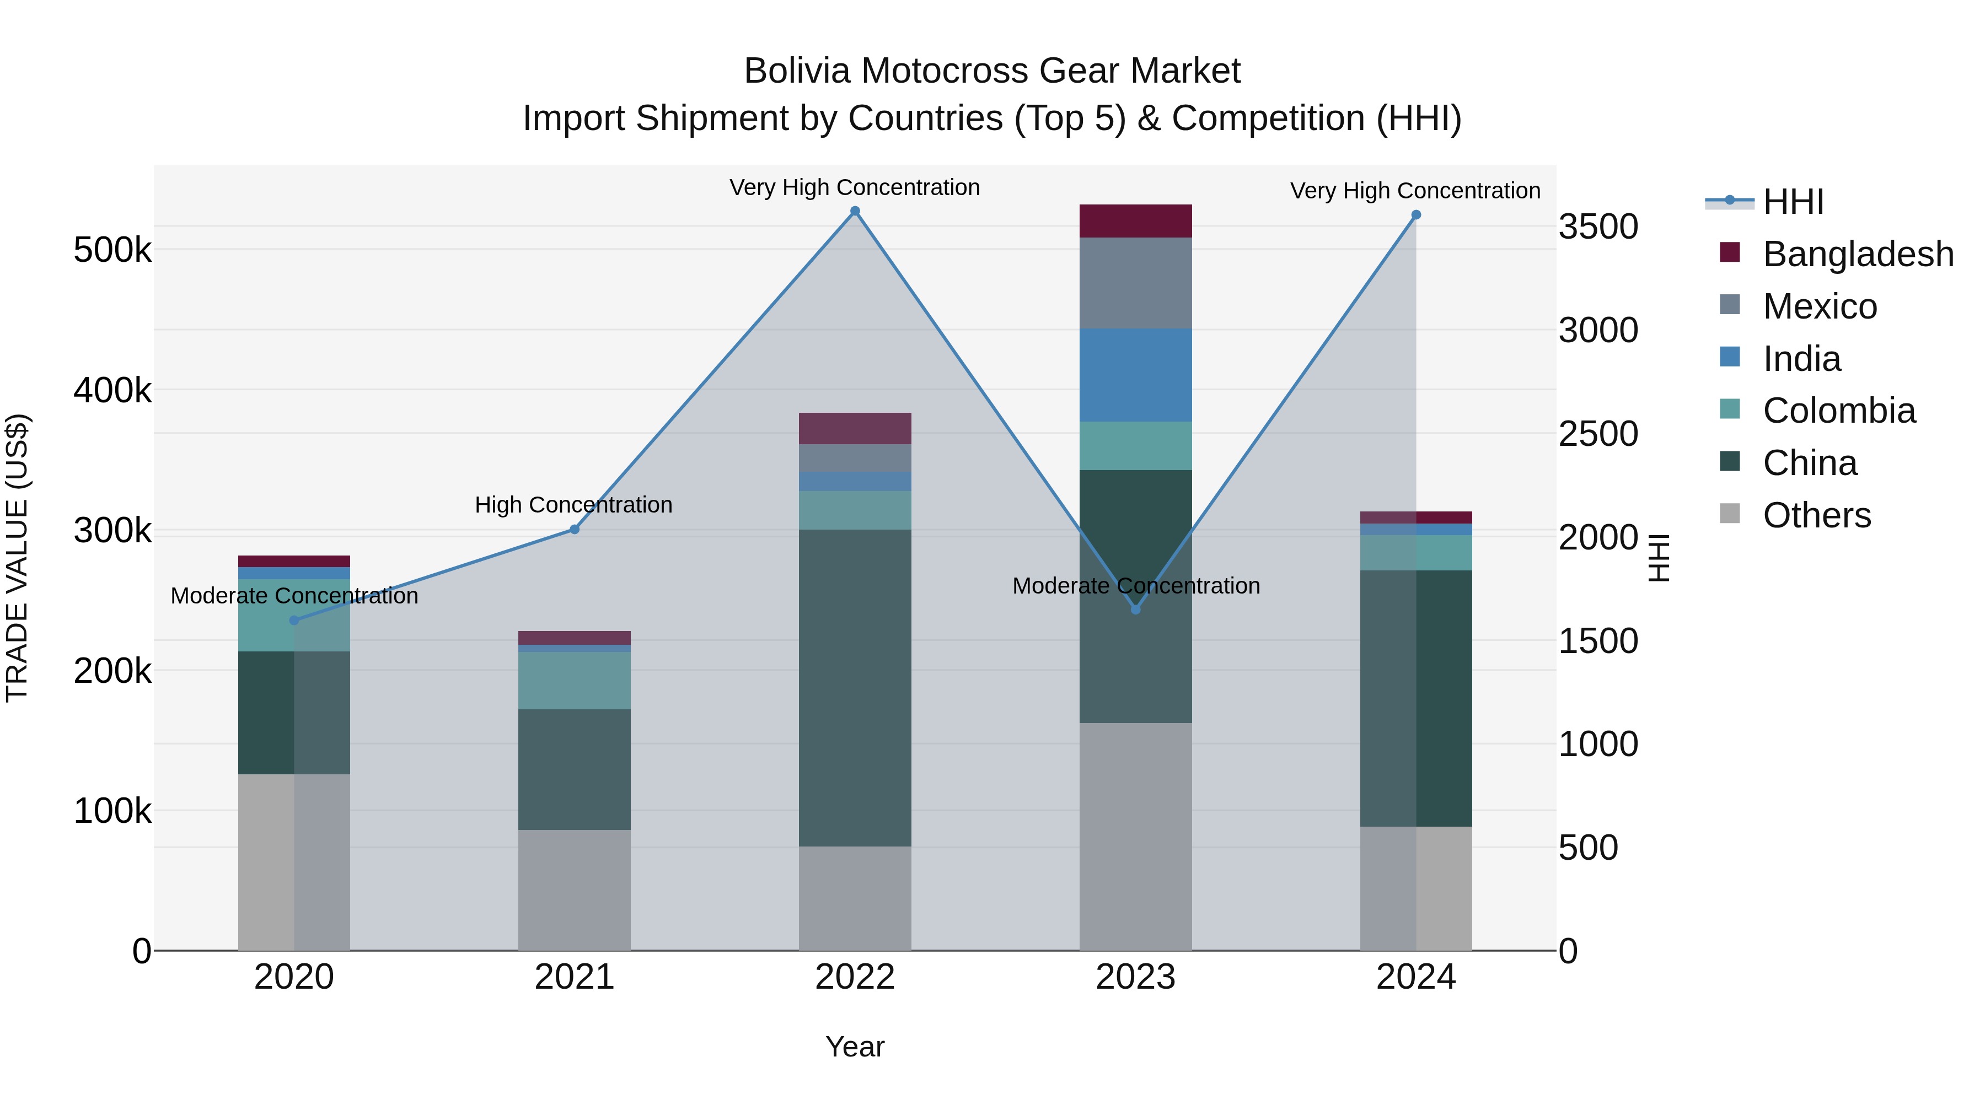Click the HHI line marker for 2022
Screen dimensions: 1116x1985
[x=855, y=211]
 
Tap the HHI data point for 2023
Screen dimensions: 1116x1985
[x=1135, y=609]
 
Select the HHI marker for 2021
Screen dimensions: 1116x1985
[x=574, y=529]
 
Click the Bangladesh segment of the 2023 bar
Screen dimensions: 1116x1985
[x=1135, y=221]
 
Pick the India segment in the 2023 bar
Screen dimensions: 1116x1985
[x=1135, y=375]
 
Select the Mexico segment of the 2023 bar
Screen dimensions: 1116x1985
[x=1135, y=283]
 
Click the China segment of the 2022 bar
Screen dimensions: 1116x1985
[x=855, y=687]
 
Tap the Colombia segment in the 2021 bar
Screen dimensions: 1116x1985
[x=574, y=680]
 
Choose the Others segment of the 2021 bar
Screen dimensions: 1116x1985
[x=574, y=889]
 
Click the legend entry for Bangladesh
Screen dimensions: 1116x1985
[x=1857, y=254]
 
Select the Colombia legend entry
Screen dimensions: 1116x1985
[x=1838, y=411]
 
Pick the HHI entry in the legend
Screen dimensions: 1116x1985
[x=1793, y=202]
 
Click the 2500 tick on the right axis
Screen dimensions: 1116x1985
[x=1598, y=434]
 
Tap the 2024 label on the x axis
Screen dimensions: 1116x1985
[x=1415, y=977]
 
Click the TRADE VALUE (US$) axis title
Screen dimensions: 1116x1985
[x=17, y=558]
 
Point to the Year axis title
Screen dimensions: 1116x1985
[x=855, y=1047]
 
